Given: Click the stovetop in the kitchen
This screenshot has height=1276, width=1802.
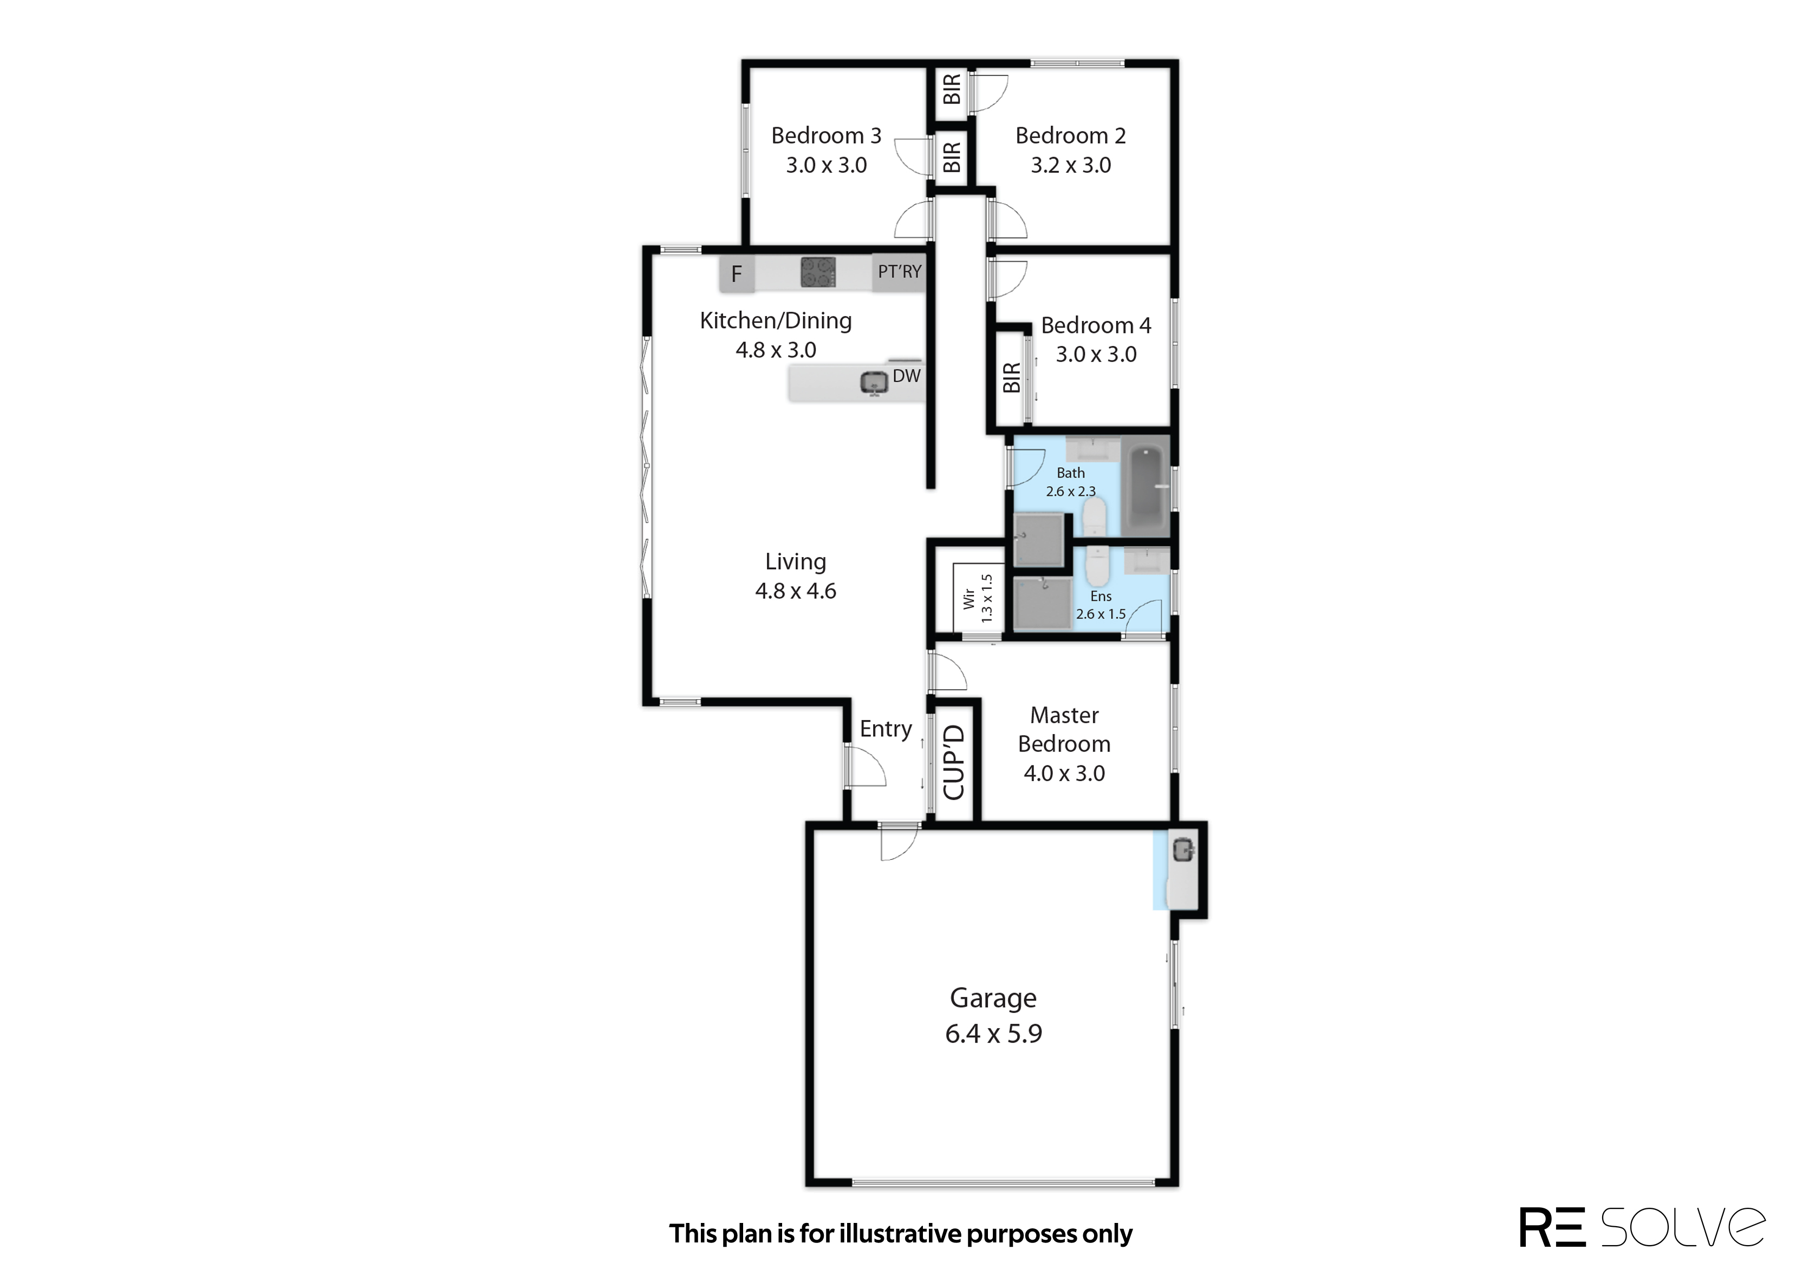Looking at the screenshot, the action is click(x=817, y=273).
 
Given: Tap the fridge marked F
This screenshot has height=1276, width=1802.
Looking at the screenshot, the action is click(x=737, y=274).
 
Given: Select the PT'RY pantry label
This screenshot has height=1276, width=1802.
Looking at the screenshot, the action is click(x=899, y=272).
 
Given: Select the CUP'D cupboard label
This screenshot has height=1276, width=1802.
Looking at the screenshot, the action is click(x=953, y=762).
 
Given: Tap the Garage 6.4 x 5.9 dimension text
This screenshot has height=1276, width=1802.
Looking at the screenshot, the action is click(x=993, y=1034).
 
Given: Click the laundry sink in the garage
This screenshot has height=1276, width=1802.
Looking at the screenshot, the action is click(x=1183, y=849).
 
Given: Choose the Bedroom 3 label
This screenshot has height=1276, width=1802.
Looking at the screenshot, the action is click(x=826, y=136).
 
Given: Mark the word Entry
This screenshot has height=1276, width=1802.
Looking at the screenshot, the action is click(x=886, y=729).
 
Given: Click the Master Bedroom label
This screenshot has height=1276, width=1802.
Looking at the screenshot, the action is click(x=1064, y=730).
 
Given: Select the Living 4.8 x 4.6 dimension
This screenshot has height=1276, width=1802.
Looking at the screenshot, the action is click(x=795, y=591).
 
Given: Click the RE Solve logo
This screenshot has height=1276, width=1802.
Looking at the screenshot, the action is click(x=1642, y=1227).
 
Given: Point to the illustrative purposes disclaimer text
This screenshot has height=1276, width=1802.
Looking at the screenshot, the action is click(x=901, y=1234).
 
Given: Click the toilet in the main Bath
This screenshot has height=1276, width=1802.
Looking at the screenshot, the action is click(x=1094, y=516).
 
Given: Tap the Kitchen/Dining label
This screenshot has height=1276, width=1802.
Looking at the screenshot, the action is click(x=776, y=320).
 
